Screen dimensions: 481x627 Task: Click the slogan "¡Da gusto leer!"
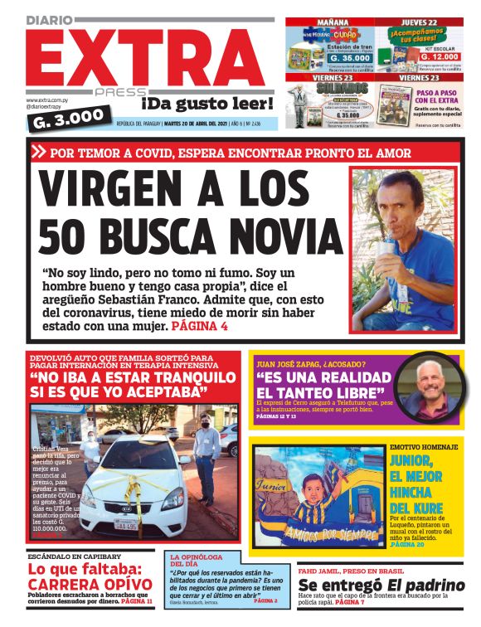(206, 104)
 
